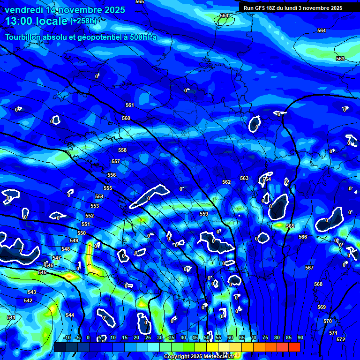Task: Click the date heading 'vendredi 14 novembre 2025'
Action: (x=65, y=10)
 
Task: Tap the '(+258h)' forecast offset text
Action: (x=83, y=21)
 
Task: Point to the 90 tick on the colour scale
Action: (x=300, y=338)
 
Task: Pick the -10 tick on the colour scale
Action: (x=67, y=338)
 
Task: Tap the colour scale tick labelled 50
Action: (x=207, y=338)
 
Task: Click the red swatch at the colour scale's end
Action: (x=294, y=347)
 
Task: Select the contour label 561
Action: (x=130, y=105)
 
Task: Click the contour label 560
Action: (x=126, y=118)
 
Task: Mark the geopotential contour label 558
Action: (x=122, y=150)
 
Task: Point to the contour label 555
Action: (x=108, y=188)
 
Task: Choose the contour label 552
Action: (x=90, y=216)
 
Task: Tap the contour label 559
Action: (x=204, y=214)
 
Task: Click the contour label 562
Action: (x=226, y=182)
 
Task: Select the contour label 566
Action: (x=303, y=237)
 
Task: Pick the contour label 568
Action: (x=318, y=284)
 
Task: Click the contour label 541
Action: (x=11, y=317)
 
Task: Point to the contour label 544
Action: (x=70, y=315)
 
